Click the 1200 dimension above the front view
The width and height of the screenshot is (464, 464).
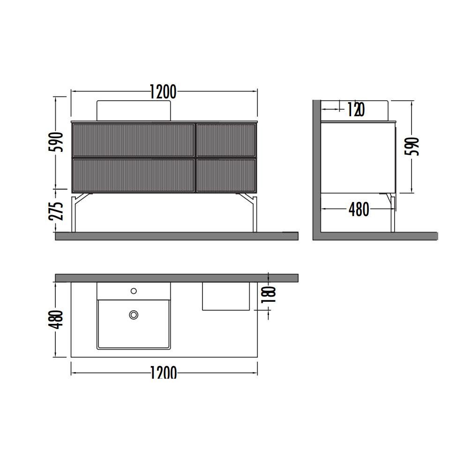tap(163, 92)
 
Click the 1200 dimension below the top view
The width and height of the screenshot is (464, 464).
tap(164, 373)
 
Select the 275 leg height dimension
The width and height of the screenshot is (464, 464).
tap(56, 211)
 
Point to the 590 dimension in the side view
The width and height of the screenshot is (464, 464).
tap(412, 147)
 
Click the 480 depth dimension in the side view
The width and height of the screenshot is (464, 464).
tap(359, 210)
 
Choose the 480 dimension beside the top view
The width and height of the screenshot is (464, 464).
tap(56, 320)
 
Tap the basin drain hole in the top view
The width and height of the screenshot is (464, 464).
tap(134, 315)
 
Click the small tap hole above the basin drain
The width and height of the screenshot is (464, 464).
tap(134, 291)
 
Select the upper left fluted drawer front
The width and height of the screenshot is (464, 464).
tap(133, 140)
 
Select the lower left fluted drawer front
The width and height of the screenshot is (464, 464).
tap(133, 175)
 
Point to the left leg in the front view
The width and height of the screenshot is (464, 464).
tap(75, 213)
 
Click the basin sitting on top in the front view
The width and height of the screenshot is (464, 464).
tap(134, 110)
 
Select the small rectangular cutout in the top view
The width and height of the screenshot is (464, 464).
tap(226, 296)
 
